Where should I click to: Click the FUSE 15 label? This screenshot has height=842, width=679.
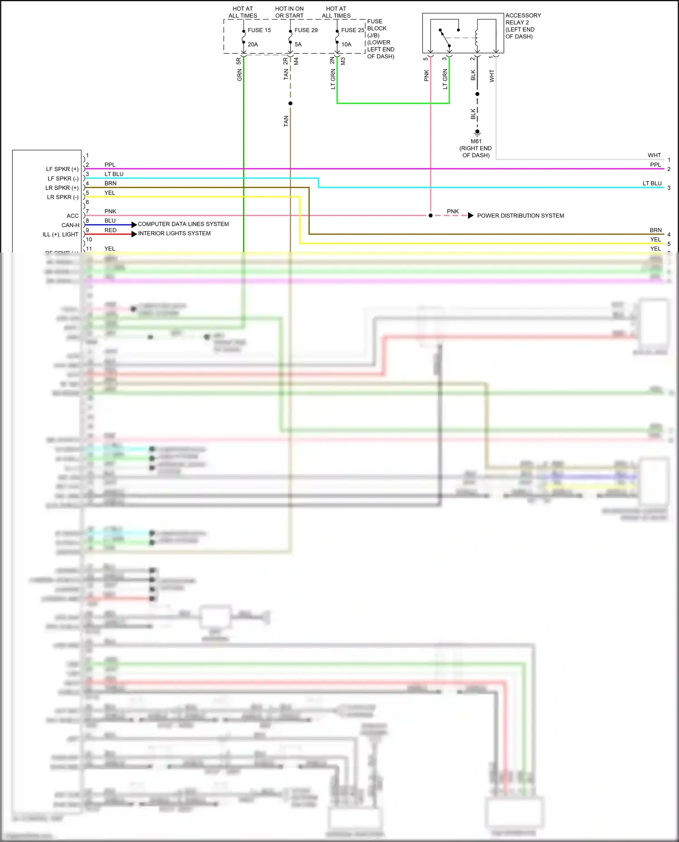(259, 30)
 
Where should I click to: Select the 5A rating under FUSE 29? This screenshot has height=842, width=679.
(298, 44)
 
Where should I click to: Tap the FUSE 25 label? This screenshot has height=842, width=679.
(352, 30)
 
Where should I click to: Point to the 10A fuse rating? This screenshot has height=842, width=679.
(346, 44)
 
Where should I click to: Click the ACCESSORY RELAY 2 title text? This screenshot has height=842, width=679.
(523, 19)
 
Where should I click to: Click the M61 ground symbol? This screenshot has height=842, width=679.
(477, 133)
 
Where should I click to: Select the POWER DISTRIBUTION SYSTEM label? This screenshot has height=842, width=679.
(521, 216)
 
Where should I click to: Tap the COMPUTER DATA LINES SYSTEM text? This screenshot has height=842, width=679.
(183, 224)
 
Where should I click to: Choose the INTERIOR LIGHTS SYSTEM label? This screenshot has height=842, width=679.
(174, 233)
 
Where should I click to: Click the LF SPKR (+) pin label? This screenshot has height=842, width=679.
(62, 169)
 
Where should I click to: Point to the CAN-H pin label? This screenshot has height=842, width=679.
(70, 225)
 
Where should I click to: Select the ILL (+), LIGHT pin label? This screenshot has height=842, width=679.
(60, 234)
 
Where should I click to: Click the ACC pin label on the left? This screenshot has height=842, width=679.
(72, 216)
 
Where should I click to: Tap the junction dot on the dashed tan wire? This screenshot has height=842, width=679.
(290, 104)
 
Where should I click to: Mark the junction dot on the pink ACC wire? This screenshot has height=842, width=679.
(430, 215)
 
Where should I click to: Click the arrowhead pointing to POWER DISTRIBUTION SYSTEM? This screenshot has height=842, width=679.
(471, 215)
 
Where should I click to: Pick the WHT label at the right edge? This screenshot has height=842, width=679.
(654, 155)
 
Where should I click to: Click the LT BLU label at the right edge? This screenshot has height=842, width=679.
(652, 183)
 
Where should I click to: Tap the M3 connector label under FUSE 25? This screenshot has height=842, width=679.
(343, 61)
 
